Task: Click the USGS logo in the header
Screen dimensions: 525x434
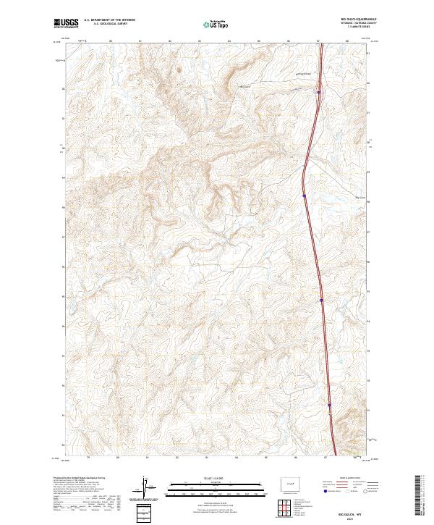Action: (x=66, y=24)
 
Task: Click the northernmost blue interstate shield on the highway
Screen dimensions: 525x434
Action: (x=319, y=92)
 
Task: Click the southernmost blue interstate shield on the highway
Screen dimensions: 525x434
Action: (x=329, y=405)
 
